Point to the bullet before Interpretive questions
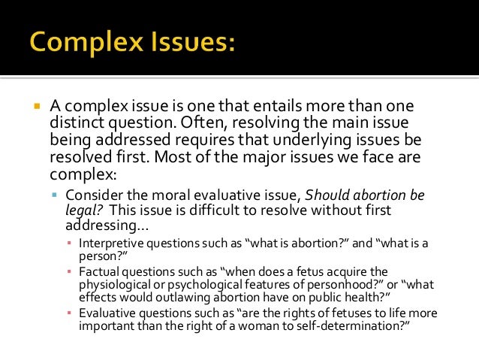pyautogui.click(x=69, y=243)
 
